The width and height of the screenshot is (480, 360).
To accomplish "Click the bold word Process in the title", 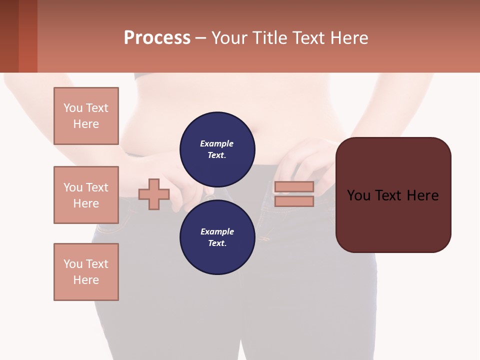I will click(157, 38).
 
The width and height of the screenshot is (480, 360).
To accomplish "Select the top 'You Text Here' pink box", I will click(86, 116).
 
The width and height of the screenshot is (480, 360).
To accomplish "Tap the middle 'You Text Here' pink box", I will click(86, 195).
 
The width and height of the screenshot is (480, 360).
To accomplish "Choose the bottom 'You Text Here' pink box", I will click(86, 272).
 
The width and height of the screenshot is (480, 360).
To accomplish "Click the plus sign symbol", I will click(154, 194).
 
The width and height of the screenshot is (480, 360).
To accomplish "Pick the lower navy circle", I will click(217, 237).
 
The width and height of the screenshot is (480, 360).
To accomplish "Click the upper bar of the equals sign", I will click(294, 187).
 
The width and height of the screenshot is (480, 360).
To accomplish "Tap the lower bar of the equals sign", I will click(294, 201).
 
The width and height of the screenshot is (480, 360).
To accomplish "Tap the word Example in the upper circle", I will click(217, 144).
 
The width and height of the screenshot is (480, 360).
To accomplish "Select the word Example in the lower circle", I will click(217, 232).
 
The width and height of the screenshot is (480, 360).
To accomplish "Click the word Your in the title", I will click(230, 38).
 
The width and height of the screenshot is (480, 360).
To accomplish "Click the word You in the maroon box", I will click(359, 195).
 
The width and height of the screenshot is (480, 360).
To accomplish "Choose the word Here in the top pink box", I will click(86, 124).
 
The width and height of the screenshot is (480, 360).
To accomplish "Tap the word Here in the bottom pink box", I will click(86, 280).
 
